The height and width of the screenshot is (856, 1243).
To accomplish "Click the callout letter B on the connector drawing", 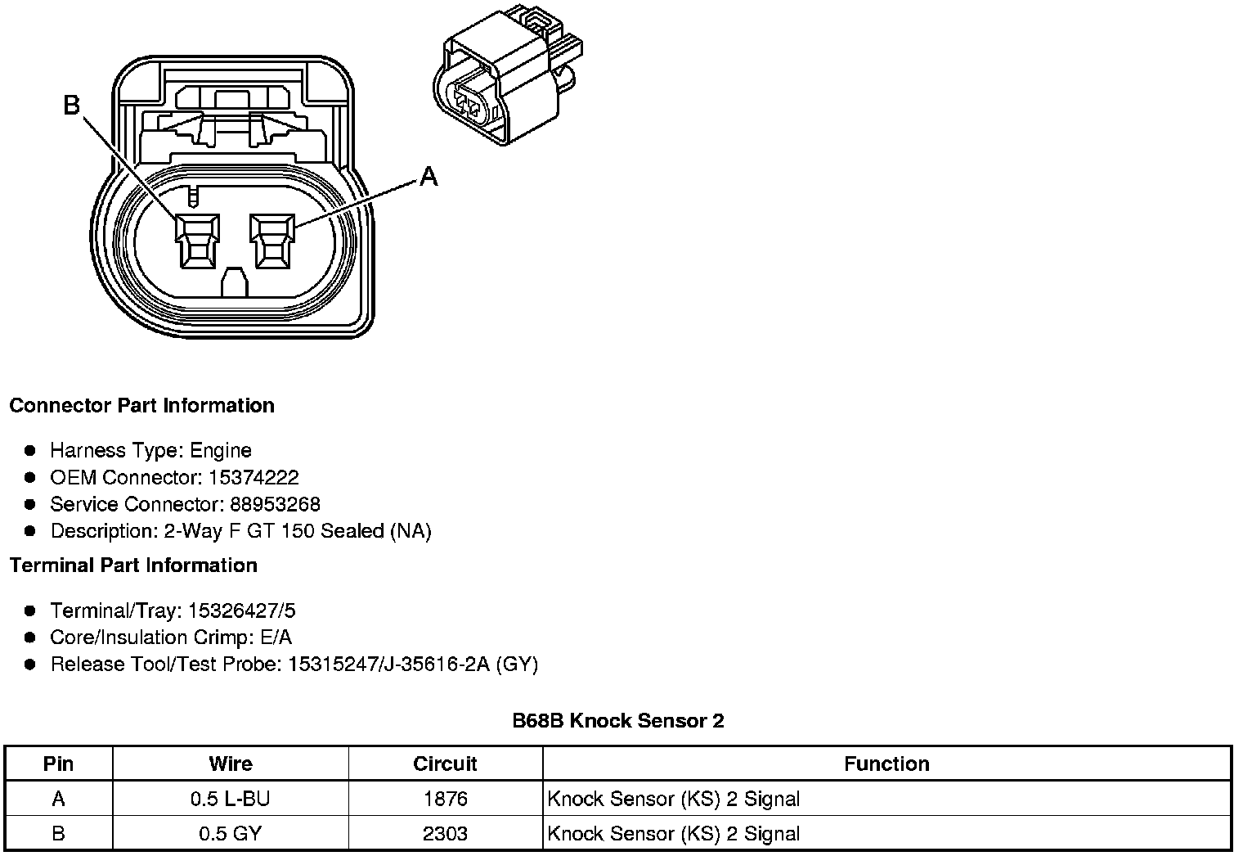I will click(x=72, y=105).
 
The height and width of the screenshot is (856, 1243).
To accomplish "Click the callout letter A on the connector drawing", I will click(x=429, y=176).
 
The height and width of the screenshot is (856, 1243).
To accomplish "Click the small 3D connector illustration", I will click(x=507, y=78).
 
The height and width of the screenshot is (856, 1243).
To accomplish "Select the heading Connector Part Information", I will click(x=141, y=406).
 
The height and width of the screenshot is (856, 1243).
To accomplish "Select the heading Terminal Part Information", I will click(x=133, y=565).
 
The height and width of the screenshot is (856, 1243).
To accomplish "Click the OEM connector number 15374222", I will click(x=253, y=477).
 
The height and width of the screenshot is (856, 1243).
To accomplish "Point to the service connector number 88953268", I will click(x=275, y=504).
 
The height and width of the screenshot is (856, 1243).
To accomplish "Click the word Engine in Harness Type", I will click(x=221, y=450).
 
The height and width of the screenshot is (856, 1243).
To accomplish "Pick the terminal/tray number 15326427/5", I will click(x=241, y=610).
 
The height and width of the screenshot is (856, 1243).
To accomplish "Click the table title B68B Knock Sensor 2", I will click(x=618, y=721).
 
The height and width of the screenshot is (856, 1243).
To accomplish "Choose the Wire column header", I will click(x=231, y=764).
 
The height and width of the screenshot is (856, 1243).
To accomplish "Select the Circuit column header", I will click(x=445, y=764).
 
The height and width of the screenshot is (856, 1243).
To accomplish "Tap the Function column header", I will click(x=886, y=764).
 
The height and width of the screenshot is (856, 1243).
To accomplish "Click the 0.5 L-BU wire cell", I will click(x=231, y=799).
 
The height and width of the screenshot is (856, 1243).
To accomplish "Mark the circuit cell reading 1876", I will click(x=445, y=799).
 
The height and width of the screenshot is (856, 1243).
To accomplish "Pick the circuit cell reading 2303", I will click(x=445, y=834).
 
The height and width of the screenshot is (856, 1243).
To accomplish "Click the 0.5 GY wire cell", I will click(x=231, y=834).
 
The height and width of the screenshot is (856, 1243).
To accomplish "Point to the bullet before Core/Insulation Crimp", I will click(x=30, y=637).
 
